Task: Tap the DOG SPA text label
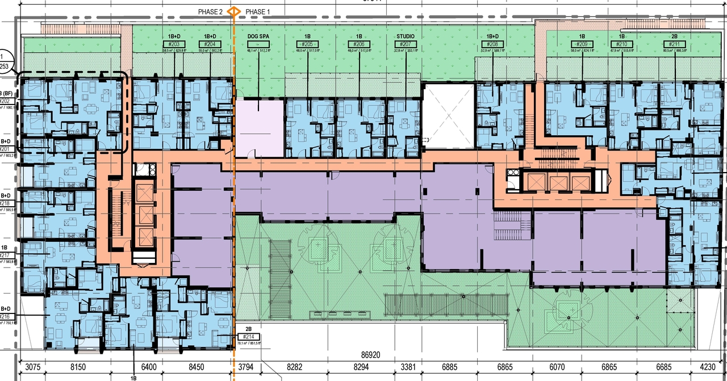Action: pos(258,36)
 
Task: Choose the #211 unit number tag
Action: pos(674,44)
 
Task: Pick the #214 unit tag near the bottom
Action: pos(248,336)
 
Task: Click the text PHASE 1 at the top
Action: pos(258,11)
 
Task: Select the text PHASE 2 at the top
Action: pos(210,11)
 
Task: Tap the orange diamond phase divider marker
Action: pos(233,11)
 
